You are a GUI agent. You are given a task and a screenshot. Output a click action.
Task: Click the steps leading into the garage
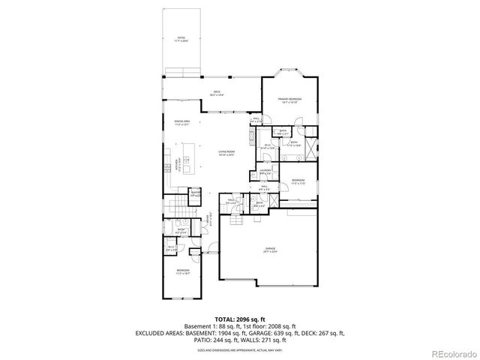pos(238,223)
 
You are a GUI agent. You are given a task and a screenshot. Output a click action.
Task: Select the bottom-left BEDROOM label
pos(183,271)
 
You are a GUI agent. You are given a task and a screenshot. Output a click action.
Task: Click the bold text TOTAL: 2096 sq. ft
pos(239,319)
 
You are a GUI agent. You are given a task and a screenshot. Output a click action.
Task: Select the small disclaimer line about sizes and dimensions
pos(239,349)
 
